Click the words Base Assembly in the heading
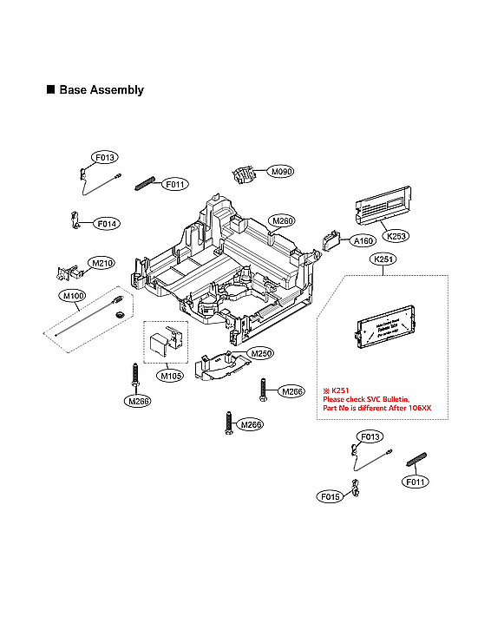point(101,90)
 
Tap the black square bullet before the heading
point(50,90)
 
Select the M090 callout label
point(280,172)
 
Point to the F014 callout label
point(108,224)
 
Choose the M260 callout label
point(283,221)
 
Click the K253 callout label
point(396,236)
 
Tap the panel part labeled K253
point(383,207)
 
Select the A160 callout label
point(363,240)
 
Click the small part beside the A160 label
point(331,240)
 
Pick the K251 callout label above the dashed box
point(383,259)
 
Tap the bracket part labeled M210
point(65,273)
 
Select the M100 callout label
point(73,296)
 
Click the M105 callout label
point(169,376)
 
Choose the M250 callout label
point(261,354)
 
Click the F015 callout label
point(330,497)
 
